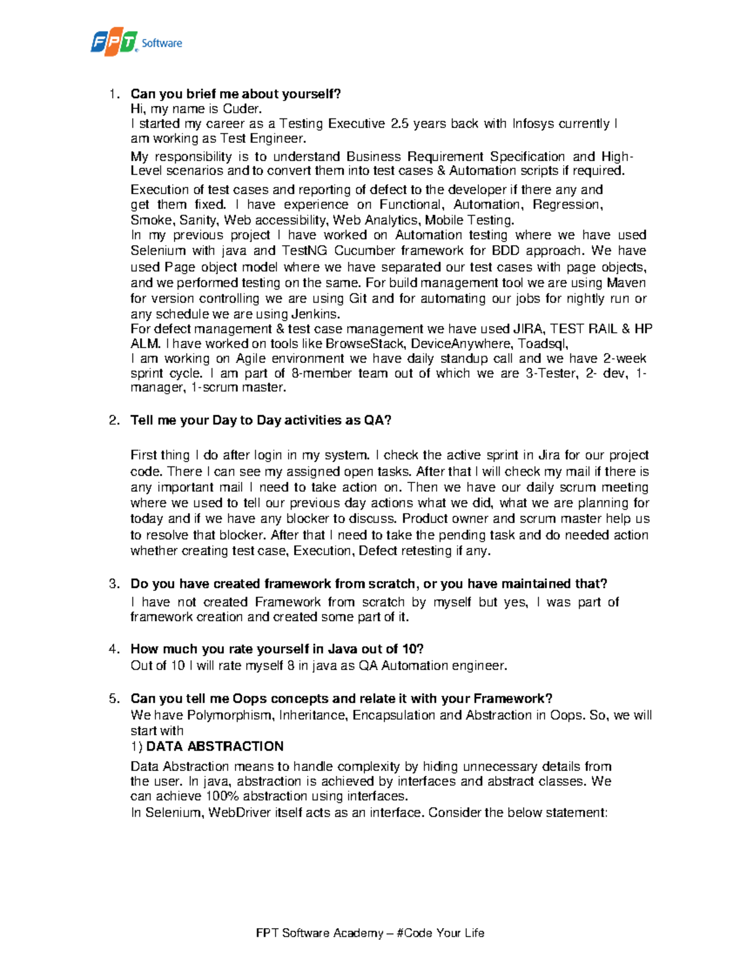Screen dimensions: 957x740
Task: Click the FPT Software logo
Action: [136, 42]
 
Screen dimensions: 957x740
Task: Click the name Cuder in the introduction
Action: [242, 109]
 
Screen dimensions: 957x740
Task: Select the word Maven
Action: [626, 283]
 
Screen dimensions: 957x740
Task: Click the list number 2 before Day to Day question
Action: [113, 420]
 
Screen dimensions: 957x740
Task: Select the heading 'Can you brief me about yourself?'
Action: [236, 94]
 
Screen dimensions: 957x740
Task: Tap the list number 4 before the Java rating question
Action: [113, 649]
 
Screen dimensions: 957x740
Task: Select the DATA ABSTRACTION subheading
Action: [215, 746]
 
